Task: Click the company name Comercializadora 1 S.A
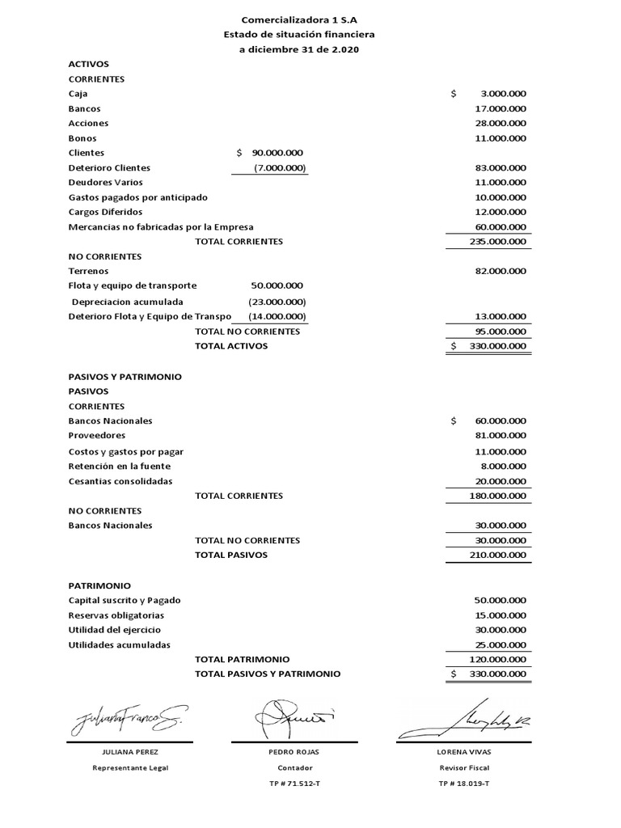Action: click(x=299, y=19)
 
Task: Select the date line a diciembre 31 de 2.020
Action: click(x=299, y=49)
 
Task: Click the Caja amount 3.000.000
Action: click(x=502, y=94)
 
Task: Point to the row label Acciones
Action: click(x=88, y=123)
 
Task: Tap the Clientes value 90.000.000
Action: click(x=277, y=152)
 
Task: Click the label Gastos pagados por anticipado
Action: click(x=137, y=197)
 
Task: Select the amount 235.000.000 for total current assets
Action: click(x=497, y=241)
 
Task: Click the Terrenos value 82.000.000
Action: click(x=501, y=271)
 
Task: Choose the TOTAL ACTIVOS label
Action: click(x=230, y=346)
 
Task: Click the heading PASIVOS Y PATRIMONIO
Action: click(x=125, y=377)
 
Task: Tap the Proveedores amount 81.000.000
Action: click(x=501, y=436)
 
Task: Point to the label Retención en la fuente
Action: click(x=120, y=466)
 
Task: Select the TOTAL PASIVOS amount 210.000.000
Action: click(x=497, y=555)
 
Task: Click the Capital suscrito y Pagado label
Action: click(x=125, y=600)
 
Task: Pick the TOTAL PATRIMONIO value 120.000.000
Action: click(x=497, y=659)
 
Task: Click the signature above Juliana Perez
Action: click(x=129, y=717)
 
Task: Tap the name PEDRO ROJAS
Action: click(x=294, y=752)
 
